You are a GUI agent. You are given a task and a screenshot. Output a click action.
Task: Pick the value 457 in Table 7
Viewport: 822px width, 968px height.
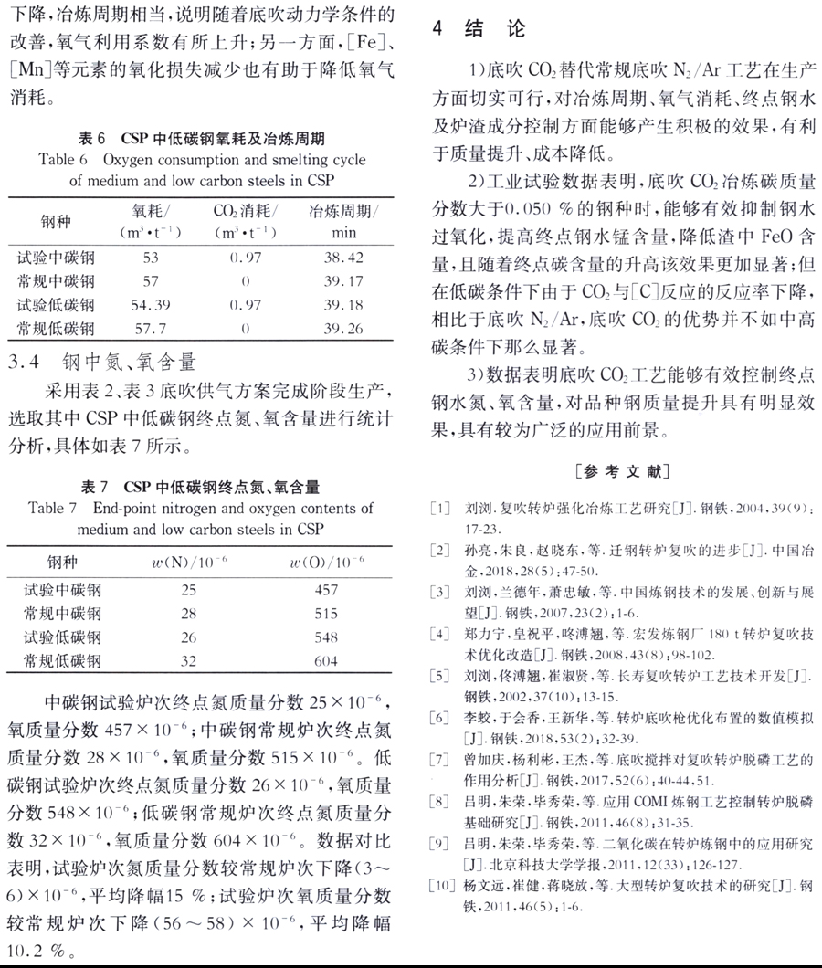[x=325, y=590]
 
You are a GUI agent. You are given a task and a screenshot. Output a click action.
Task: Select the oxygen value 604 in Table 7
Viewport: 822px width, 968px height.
[x=325, y=660]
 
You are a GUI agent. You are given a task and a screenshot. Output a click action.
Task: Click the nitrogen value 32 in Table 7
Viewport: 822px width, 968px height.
[x=189, y=660]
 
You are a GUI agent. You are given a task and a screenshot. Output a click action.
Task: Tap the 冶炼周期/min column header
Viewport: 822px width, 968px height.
[x=342, y=221]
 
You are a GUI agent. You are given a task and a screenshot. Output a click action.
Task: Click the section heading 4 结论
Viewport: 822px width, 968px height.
[x=479, y=28]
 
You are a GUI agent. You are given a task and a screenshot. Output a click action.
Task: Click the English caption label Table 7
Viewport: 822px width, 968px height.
[x=58, y=508]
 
